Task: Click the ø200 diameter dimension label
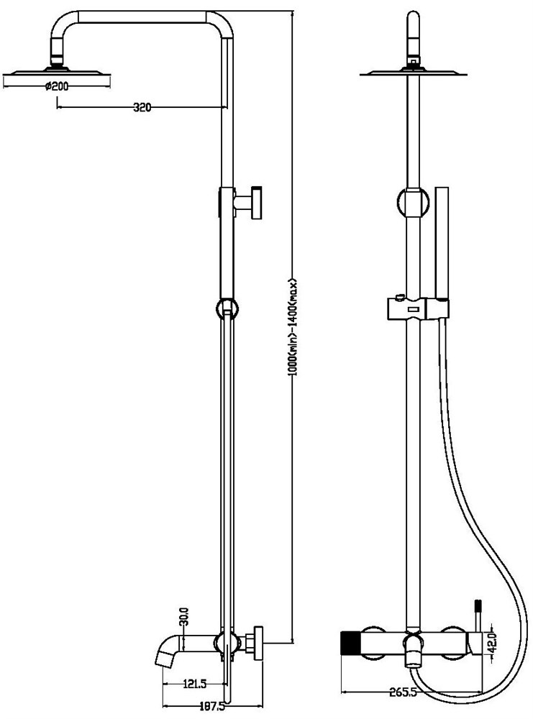tap(56, 86)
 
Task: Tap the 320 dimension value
tap(142, 108)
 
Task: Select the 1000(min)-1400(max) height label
tap(293, 327)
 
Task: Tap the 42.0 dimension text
tap(492, 644)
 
